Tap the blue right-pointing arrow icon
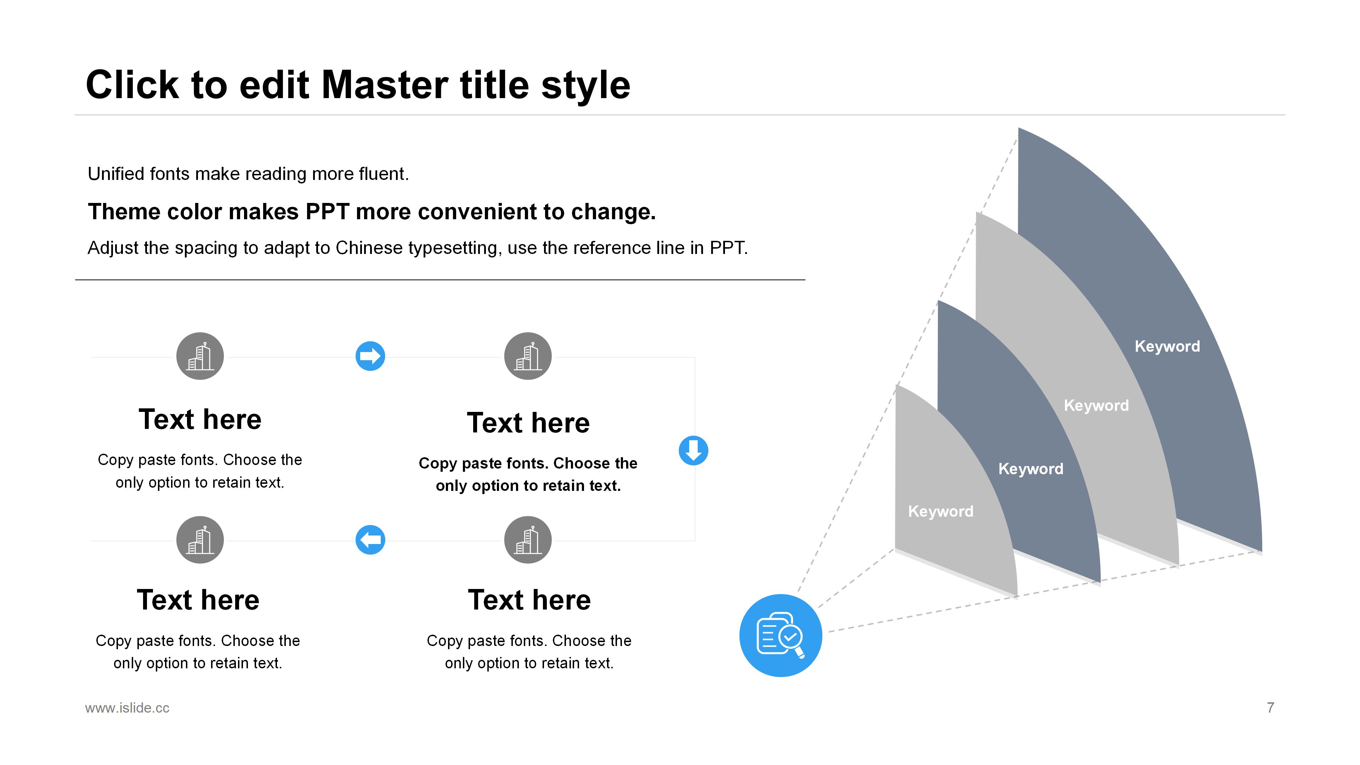coord(370,356)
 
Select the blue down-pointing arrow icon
coord(693,450)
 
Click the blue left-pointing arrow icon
coord(370,539)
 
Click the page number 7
coord(1270,708)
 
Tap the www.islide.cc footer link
coord(127,708)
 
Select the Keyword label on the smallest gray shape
coord(940,511)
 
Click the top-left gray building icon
coord(200,356)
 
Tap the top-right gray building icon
coord(528,356)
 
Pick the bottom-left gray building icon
coord(200,539)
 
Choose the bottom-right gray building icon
coord(528,539)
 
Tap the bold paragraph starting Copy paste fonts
coord(528,474)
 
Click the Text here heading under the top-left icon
coord(200,419)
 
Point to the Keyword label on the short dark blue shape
coord(1031,469)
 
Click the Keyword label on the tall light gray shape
coord(1096,406)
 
